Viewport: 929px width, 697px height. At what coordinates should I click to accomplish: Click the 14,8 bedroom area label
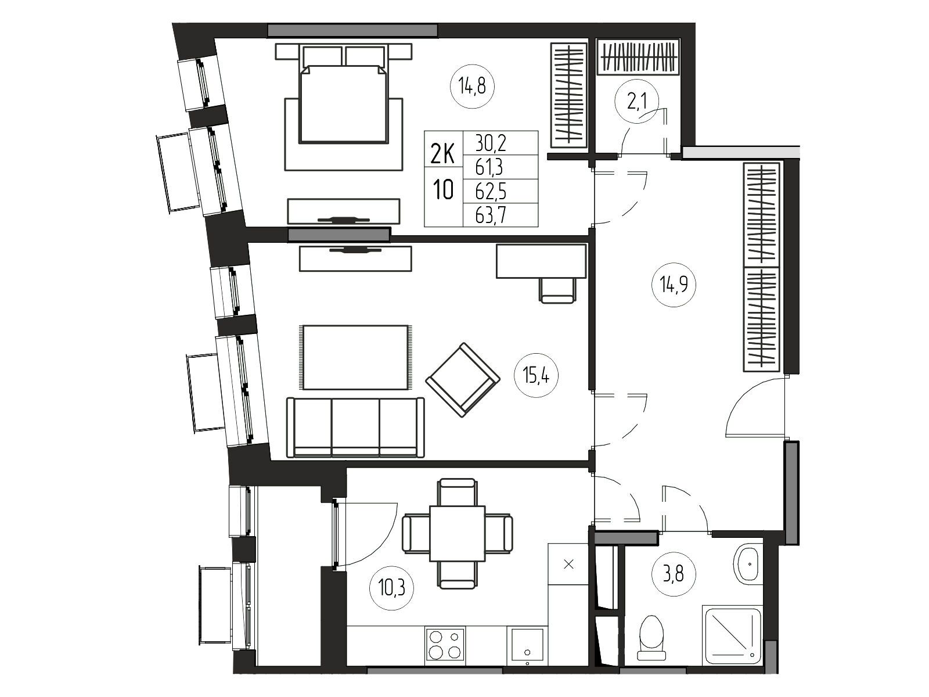(x=472, y=87)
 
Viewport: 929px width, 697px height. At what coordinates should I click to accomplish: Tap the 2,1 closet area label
(x=636, y=102)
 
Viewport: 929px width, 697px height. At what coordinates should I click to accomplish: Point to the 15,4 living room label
(x=536, y=375)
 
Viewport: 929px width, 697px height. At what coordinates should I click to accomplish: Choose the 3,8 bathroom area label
(x=673, y=575)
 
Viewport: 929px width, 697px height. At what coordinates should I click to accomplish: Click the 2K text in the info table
(x=442, y=155)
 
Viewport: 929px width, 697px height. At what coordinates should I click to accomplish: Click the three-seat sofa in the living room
(x=355, y=427)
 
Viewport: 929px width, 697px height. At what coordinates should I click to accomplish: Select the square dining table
(x=457, y=533)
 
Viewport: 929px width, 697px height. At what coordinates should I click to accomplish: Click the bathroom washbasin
(x=748, y=565)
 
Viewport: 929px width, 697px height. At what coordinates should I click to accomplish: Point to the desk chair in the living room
(x=557, y=290)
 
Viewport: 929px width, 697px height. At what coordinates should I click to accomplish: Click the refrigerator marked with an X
(x=568, y=564)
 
